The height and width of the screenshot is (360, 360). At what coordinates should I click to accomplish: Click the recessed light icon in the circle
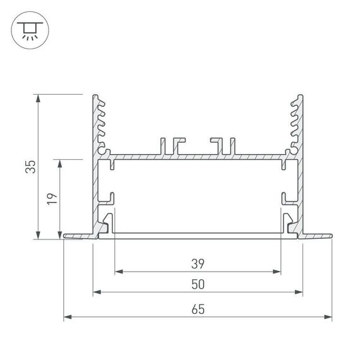click(x=28, y=28)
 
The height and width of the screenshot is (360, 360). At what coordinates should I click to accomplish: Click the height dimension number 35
click(x=30, y=167)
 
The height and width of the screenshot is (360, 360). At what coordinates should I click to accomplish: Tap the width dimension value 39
click(x=198, y=263)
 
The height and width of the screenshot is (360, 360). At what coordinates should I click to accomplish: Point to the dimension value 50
click(x=198, y=285)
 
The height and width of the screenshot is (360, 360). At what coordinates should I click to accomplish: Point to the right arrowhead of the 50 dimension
click(x=298, y=293)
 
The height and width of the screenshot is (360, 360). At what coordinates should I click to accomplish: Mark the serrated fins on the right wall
click(x=295, y=123)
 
